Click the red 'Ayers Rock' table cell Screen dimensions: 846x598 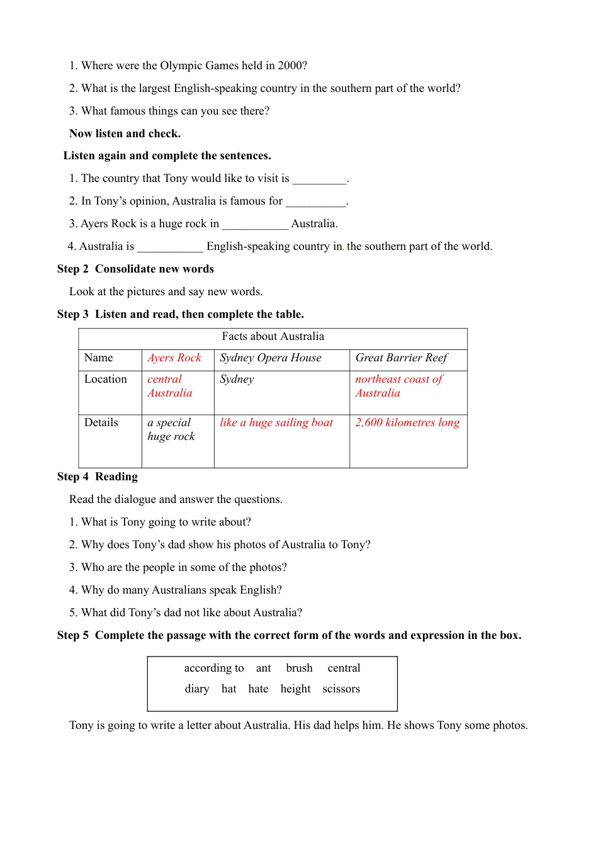(x=174, y=358)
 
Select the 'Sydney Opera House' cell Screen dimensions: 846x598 (x=271, y=358)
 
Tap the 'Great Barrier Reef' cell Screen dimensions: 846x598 (x=402, y=358)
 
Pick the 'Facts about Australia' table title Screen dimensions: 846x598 (x=273, y=337)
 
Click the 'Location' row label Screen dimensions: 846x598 (x=106, y=380)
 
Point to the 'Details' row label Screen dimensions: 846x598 (x=101, y=423)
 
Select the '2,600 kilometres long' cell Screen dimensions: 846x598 (x=407, y=423)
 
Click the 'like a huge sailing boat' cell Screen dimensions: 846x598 (x=276, y=423)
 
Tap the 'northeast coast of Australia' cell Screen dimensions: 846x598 (x=398, y=386)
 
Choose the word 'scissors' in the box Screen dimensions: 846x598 (x=341, y=689)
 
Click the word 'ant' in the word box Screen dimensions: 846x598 (x=263, y=668)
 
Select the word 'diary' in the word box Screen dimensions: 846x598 (x=197, y=689)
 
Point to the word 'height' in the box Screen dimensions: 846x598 (x=295, y=689)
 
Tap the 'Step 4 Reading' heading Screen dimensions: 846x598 (x=98, y=477)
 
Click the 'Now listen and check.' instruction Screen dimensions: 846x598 (x=125, y=133)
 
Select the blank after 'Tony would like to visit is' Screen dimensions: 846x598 (x=319, y=179)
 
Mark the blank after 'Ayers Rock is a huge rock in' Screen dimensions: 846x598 (x=255, y=225)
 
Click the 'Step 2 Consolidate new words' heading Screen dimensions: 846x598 (x=135, y=269)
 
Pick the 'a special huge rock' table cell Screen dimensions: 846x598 (x=171, y=430)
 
